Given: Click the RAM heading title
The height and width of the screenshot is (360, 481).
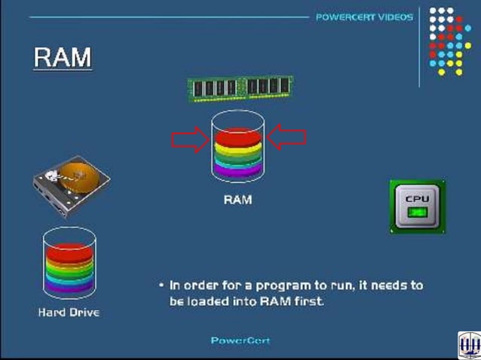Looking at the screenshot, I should (x=63, y=58).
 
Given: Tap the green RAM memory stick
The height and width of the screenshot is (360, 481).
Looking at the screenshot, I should (x=240, y=88).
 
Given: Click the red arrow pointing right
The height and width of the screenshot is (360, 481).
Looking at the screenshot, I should (x=191, y=139).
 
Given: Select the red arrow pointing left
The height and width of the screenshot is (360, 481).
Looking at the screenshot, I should (x=287, y=137).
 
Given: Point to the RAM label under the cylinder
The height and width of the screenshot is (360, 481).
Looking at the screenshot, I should (x=237, y=200).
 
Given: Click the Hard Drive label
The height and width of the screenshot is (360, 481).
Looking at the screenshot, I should (x=69, y=312).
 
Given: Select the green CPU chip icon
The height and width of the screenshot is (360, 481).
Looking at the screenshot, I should (x=417, y=206).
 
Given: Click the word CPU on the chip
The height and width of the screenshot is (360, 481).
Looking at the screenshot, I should (x=417, y=199).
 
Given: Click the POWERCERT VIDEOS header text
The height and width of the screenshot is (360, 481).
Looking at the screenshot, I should (x=364, y=17).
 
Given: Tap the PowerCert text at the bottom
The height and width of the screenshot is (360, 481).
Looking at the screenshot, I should (x=240, y=340).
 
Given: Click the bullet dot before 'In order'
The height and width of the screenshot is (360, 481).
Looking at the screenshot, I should (x=161, y=286).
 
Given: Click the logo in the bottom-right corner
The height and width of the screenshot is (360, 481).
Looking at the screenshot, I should (x=468, y=346).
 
